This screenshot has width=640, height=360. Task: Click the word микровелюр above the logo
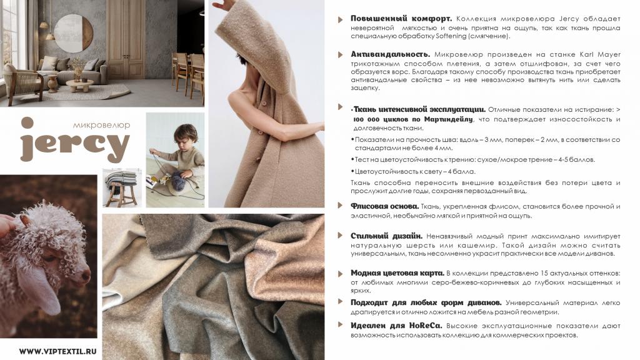point(101,125)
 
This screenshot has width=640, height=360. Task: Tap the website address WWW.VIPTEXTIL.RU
point(58,351)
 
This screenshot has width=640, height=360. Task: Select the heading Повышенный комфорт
point(401,19)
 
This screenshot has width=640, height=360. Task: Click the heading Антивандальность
point(390,54)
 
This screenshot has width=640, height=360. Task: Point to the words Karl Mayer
point(599,55)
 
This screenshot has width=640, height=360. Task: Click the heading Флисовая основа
point(384,206)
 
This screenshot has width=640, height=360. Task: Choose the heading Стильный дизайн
point(386,236)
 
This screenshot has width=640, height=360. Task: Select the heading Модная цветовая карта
point(397,273)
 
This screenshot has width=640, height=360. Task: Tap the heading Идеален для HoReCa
point(396,326)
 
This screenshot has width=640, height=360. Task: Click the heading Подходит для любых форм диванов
point(426,303)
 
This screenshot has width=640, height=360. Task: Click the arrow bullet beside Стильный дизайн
point(340,236)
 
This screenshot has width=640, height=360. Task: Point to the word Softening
point(451,36)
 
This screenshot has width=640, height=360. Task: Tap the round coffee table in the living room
point(79,85)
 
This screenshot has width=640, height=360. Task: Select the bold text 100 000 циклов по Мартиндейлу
point(413,119)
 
